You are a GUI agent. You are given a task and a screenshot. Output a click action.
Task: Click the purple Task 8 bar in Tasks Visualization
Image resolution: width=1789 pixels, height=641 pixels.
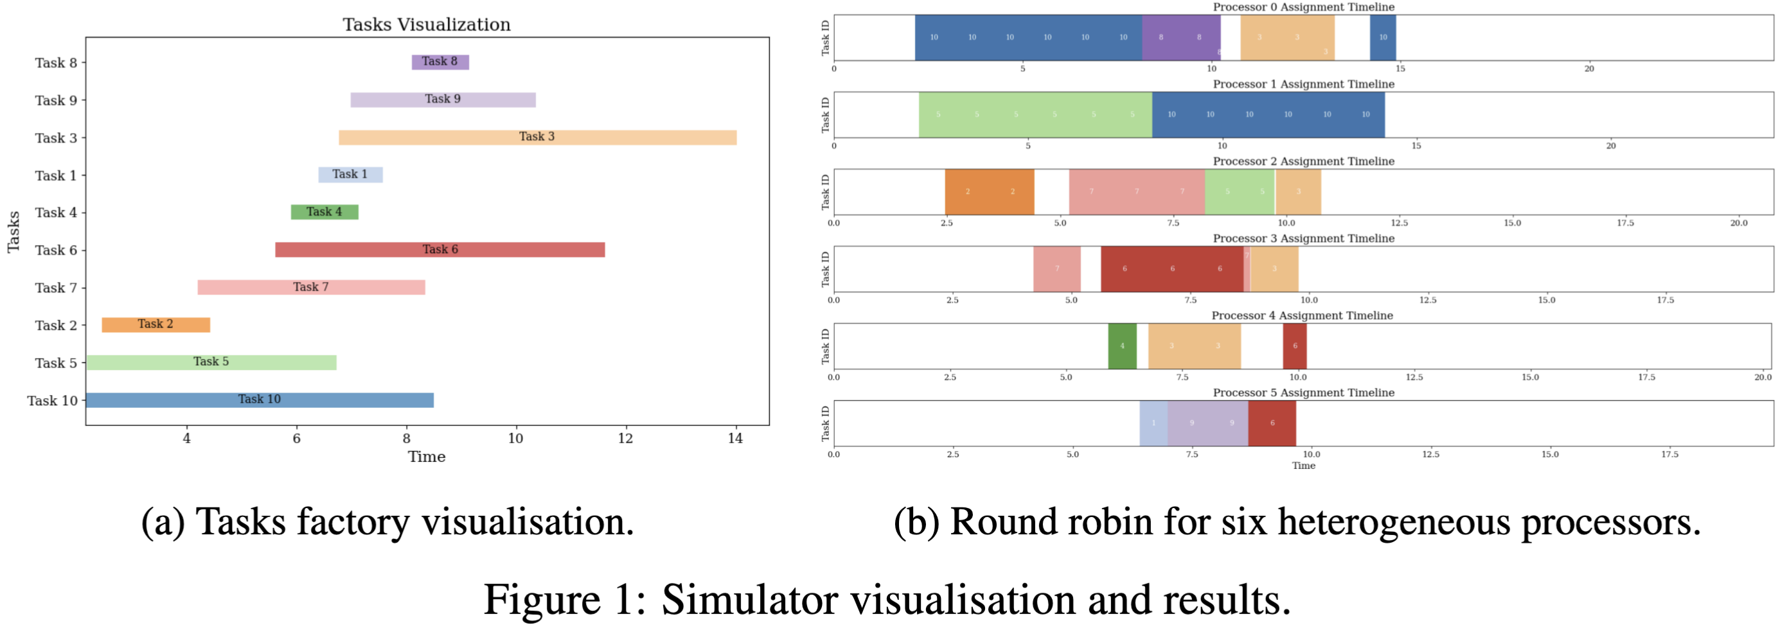[440, 62]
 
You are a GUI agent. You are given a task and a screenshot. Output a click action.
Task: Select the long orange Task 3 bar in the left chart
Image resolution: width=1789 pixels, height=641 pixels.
[537, 137]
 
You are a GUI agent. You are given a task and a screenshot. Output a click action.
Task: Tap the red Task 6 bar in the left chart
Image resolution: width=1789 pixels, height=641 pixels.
[440, 249]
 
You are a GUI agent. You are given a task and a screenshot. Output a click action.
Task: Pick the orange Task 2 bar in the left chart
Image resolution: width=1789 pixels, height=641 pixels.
[156, 324]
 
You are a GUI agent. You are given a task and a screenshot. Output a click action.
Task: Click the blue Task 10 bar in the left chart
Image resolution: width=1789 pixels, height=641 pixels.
[259, 400]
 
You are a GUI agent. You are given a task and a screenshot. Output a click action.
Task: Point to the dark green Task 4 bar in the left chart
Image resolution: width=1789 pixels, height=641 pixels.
[325, 212]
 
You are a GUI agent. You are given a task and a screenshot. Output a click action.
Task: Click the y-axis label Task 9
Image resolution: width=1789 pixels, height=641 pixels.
[55, 100]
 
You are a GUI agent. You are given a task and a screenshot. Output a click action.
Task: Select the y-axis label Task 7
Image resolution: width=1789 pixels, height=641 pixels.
[55, 288]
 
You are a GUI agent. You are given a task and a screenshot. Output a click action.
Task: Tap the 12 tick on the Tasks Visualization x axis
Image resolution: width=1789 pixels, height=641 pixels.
[625, 438]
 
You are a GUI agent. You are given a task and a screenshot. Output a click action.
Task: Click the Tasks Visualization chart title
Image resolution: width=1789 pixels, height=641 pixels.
[427, 24]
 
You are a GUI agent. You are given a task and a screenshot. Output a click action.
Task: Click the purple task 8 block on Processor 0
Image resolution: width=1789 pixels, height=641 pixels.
[1180, 37]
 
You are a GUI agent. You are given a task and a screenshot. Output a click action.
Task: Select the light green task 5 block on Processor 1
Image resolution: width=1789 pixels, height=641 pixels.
[1035, 114]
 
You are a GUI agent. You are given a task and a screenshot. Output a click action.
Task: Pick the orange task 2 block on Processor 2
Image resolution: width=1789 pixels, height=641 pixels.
[989, 191]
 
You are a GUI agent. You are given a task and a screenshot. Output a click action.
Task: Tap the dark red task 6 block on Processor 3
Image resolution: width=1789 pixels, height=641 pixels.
[1171, 268]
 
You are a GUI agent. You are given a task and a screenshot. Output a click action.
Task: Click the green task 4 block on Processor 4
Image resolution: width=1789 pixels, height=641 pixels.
[1121, 345]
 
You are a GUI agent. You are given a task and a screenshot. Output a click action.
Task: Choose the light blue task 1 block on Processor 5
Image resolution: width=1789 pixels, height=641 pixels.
[1153, 422]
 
